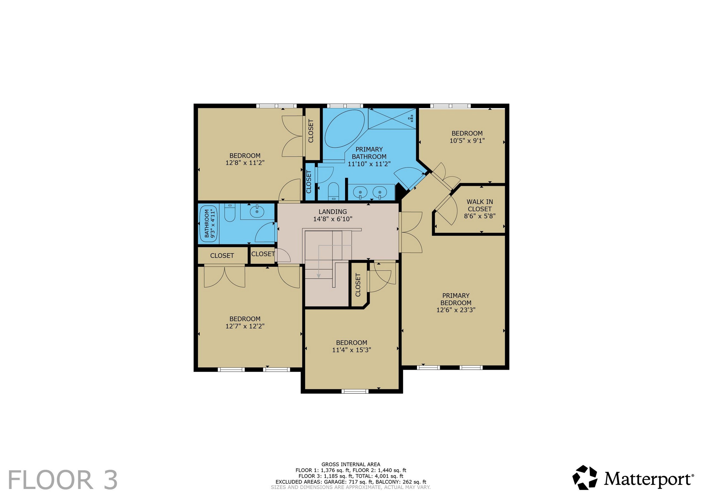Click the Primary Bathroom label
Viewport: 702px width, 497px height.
point(369,156)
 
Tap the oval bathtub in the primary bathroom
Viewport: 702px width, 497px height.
point(345,129)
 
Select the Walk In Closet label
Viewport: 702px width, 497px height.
point(480,209)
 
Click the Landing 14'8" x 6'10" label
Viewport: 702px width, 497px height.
point(333,215)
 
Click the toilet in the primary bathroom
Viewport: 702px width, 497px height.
point(333,191)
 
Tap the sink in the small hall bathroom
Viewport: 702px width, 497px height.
point(257,211)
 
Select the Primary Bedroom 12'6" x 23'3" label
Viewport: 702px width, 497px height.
point(456,303)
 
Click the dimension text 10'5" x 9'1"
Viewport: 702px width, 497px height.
point(467,141)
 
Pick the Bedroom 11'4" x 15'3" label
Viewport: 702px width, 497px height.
point(352,346)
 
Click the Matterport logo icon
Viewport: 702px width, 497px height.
point(584,478)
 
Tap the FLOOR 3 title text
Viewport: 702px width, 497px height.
point(63,480)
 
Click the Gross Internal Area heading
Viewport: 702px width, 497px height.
point(351,464)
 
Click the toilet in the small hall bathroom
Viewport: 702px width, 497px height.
point(229,212)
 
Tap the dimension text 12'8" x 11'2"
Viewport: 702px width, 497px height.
point(245,163)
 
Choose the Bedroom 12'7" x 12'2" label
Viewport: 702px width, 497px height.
point(245,322)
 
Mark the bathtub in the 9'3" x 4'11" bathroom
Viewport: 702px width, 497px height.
point(209,224)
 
